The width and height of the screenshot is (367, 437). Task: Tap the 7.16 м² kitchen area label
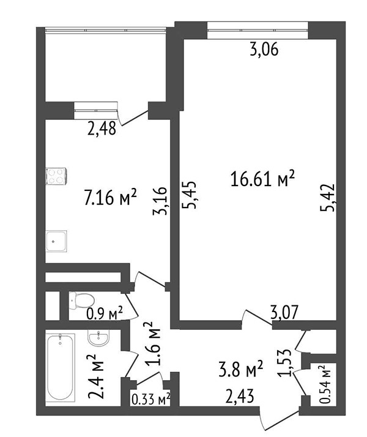point(110,197)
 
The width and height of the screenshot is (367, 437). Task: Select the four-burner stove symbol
point(56,176)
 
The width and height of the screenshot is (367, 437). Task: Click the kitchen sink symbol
point(56,241)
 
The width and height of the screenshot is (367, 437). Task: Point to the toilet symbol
point(81,301)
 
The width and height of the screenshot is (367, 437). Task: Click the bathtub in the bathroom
point(61,368)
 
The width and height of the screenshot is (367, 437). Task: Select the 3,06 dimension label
point(264,50)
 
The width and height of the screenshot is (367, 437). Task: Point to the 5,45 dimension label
point(189,195)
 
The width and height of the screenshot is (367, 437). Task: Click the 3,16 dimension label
point(160,201)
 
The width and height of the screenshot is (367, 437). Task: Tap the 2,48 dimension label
point(102,129)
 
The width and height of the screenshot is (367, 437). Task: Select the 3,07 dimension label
point(284,312)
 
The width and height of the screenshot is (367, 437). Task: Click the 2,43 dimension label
point(240,397)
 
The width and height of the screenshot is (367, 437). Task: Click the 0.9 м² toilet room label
point(105,314)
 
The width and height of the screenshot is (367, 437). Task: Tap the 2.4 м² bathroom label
point(96,376)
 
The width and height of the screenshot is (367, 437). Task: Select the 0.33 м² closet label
point(150,400)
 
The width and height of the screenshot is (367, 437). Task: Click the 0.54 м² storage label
point(325,384)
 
